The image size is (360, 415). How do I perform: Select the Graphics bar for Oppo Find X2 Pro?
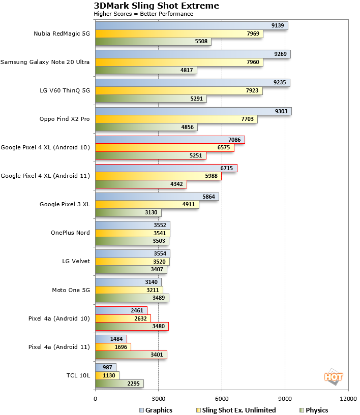coord(193,111)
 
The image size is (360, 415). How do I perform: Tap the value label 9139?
coord(278,25)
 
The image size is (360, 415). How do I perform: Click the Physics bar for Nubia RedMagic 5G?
coord(153,42)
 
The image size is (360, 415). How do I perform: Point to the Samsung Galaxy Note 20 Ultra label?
coord(45,62)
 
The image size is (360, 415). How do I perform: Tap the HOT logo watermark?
coord(333,376)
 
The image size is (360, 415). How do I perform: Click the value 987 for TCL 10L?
coord(107,367)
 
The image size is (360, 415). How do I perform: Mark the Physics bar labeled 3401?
coord(131,355)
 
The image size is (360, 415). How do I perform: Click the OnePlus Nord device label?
coord(70,233)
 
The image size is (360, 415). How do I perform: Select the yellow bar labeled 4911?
coord(147,205)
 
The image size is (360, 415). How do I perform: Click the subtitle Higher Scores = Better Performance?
coord(143,14)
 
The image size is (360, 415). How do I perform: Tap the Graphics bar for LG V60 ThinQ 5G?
coord(192,83)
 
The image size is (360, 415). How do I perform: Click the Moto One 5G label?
coord(71,290)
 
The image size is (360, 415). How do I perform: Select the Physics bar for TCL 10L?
coord(119,384)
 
